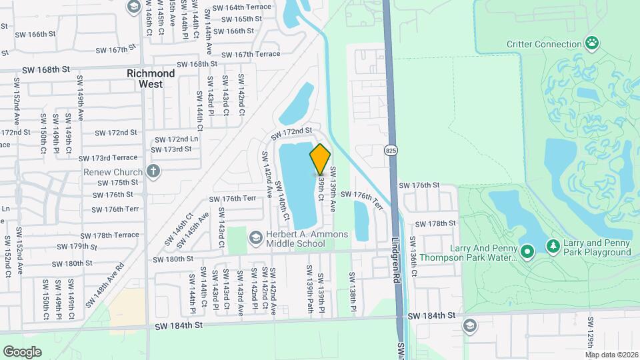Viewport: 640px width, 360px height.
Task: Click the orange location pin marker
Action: pos(320,159)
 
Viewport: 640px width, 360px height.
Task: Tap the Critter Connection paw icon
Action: pos(592,44)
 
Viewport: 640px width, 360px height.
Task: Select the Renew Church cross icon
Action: pos(153,171)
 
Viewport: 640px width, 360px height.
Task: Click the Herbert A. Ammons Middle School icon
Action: pos(255,238)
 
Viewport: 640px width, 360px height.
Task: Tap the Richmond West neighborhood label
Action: pos(151,79)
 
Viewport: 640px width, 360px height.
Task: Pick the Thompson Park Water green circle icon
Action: pos(528,251)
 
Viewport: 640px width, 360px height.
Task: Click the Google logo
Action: pos(22,351)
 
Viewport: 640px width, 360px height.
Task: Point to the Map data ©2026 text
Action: pos(611,355)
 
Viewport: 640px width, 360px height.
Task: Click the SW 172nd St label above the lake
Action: pos(291,134)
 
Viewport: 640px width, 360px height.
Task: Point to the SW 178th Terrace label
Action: pos(111,235)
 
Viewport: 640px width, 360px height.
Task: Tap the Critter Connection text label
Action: pos(544,45)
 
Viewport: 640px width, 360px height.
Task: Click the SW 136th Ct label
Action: pos(413,256)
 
